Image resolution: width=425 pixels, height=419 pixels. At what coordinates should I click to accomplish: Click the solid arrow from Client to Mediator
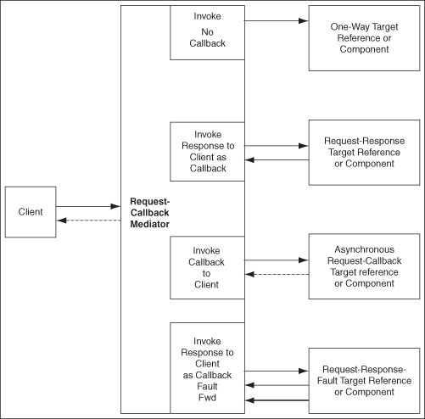(88, 205)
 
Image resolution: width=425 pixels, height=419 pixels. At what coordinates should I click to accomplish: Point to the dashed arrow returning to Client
(88, 221)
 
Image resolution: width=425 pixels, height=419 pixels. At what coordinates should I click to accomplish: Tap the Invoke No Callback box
(207, 33)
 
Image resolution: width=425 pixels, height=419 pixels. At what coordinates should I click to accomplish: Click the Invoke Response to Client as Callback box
(207, 152)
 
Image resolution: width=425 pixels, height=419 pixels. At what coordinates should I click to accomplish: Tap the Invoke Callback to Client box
(207, 267)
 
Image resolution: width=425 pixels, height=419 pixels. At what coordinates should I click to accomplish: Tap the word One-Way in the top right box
(347, 27)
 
